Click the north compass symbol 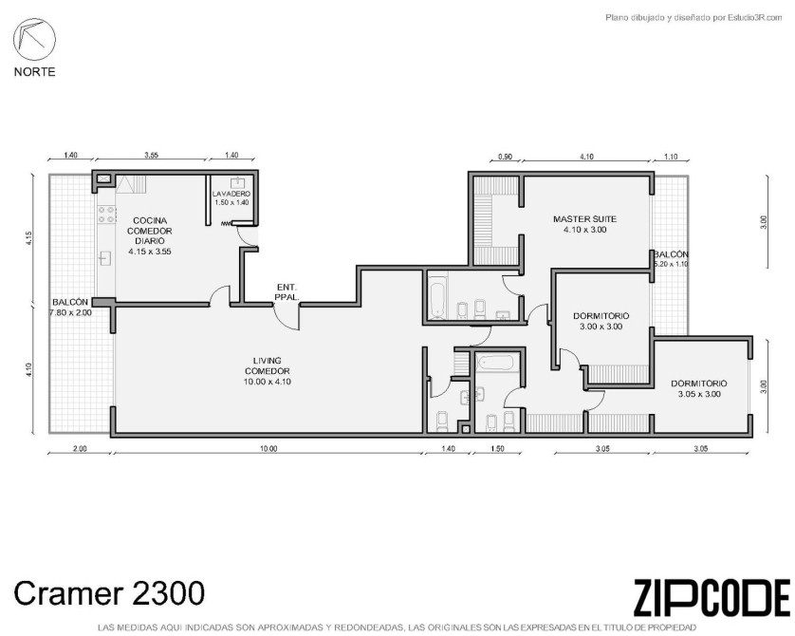[x=34, y=39]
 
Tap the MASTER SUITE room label [x=584, y=224]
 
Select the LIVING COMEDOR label [x=268, y=371]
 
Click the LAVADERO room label [x=231, y=197]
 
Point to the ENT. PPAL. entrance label [x=287, y=291]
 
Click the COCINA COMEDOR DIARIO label [x=150, y=235]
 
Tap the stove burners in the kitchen [x=107, y=215]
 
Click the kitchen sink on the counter [x=105, y=258]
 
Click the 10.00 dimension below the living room [x=268, y=448]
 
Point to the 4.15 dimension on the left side [x=28, y=238]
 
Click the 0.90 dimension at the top [x=505, y=157]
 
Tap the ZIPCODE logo [x=712, y=597]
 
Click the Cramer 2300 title [x=109, y=593]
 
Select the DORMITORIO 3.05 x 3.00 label [x=698, y=389]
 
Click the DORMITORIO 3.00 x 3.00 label [x=601, y=321]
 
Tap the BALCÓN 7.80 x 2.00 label [x=70, y=308]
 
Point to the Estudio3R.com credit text [x=693, y=18]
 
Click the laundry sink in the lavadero [x=237, y=183]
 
